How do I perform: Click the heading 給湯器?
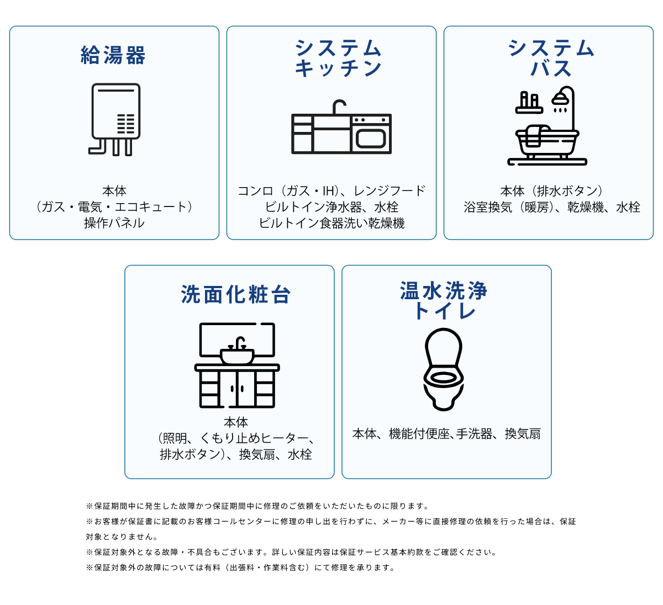tap(114, 56)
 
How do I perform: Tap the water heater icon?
tap(115, 119)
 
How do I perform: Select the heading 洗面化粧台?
tap(236, 295)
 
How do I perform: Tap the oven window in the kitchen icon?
tap(371, 137)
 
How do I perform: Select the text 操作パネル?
tap(114, 223)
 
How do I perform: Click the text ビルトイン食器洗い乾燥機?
tap(331, 223)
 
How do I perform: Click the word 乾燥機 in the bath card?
tap(585, 207)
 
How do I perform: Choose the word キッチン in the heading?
tap(338, 68)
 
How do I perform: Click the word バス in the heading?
tap(551, 68)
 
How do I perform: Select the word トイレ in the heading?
tap(444, 311)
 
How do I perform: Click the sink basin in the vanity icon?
tap(237, 355)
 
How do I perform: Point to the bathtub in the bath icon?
tap(547, 141)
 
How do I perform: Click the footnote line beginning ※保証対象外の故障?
tap(240, 567)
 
